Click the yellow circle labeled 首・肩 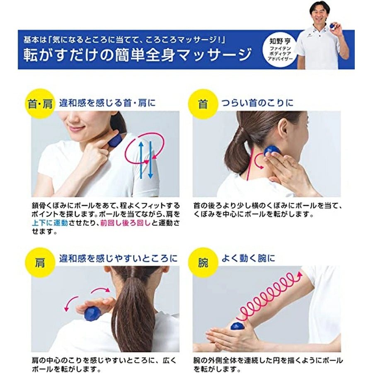(x=40, y=104)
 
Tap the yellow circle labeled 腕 (x=203, y=263)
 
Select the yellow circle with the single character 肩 (x=40, y=263)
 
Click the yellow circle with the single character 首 (x=203, y=104)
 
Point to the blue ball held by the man (x=332, y=26)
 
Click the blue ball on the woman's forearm (x=239, y=325)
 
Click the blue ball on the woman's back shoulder (x=92, y=314)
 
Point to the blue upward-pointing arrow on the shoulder (x=141, y=160)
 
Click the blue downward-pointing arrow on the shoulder (x=150, y=160)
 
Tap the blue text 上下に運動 (x=50, y=223)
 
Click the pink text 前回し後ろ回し (x=125, y=223)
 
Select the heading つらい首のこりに (x=257, y=103)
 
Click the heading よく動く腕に (x=248, y=258)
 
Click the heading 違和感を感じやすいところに (x=118, y=258)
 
